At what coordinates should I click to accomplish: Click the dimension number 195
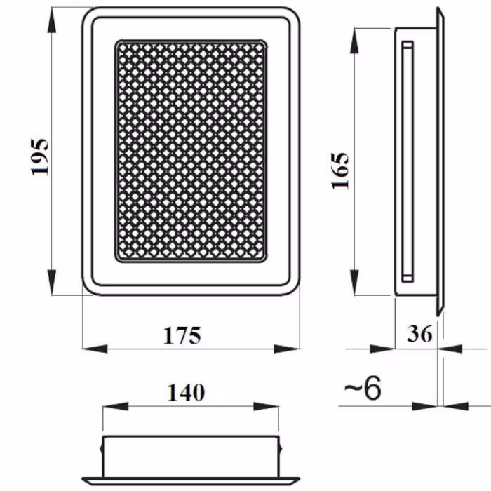(39, 156)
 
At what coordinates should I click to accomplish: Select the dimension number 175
(182, 335)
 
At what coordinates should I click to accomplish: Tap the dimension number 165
(339, 170)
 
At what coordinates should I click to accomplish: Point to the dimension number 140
(187, 392)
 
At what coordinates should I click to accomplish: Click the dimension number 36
(419, 333)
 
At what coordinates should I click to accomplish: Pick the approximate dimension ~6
(363, 388)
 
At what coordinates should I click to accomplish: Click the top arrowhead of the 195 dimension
(52, 20)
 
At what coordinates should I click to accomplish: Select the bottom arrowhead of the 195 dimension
(52, 282)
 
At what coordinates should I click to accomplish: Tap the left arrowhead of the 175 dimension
(95, 349)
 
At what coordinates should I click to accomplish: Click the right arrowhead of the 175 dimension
(287, 349)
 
